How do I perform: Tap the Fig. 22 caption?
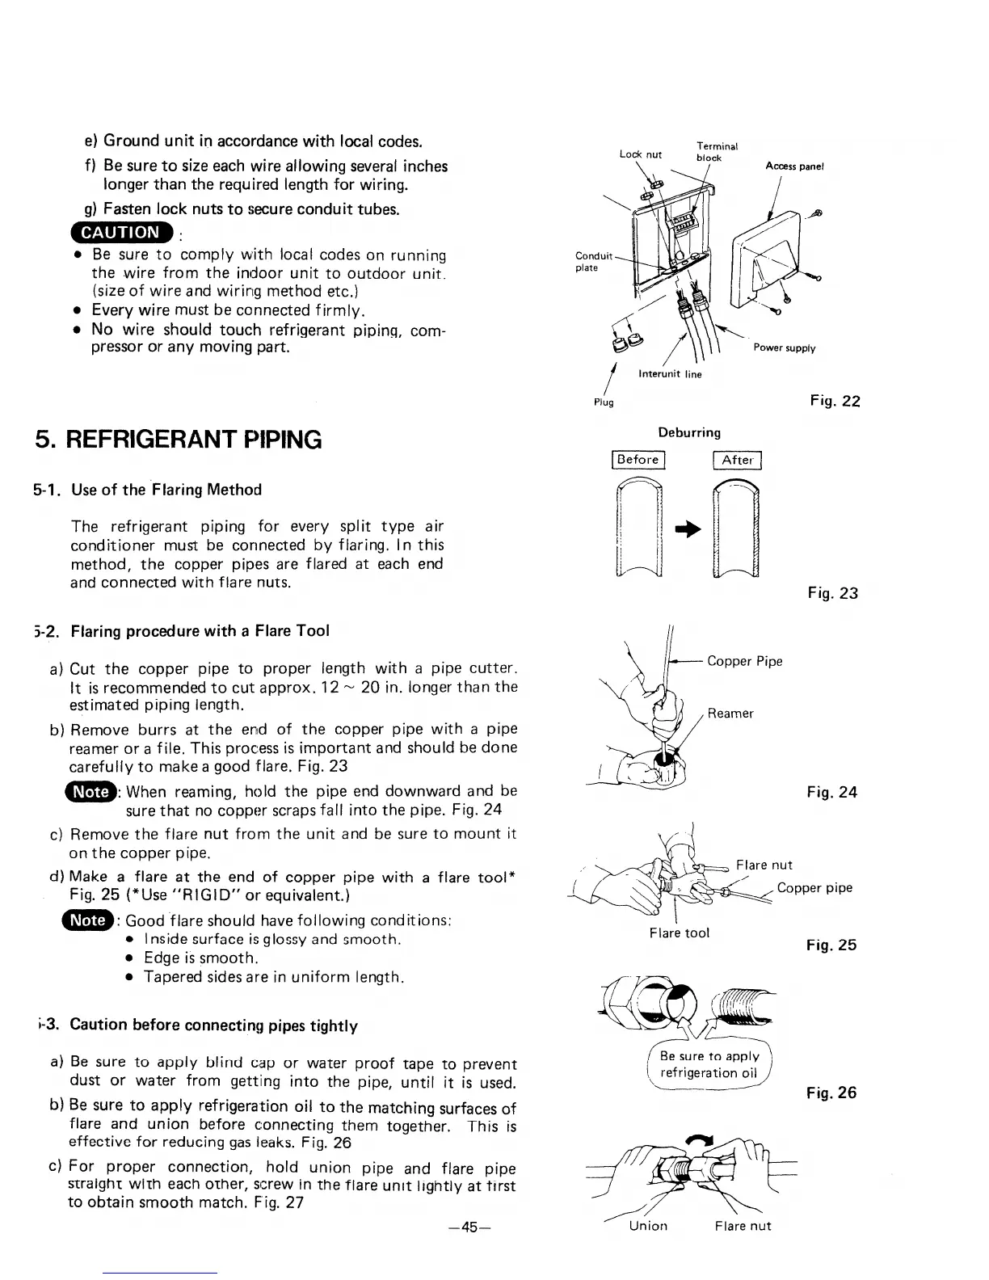point(835,401)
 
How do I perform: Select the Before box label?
point(638,460)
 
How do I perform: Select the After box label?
point(738,460)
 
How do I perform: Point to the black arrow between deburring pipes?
point(687,528)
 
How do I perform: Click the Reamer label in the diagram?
point(730,714)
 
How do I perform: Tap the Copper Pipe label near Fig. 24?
point(744,661)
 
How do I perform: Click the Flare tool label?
point(679,933)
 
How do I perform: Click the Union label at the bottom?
point(648,1226)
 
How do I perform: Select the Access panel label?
point(794,166)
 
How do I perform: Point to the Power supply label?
point(784,348)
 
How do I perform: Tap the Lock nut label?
point(641,154)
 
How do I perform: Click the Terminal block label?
point(716,152)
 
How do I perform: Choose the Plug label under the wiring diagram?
point(604,402)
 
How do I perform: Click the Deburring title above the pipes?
point(689,432)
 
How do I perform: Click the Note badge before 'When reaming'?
point(90,791)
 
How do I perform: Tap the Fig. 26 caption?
point(831,1093)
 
